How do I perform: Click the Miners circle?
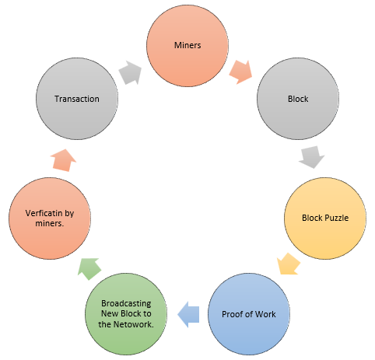pyautogui.click(x=187, y=46)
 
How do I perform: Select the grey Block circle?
pyautogui.click(x=298, y=99)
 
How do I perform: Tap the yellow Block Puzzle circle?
pyautogui.click(x=325, y=218)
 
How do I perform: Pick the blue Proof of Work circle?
pyautogui.click(x=249, y=314)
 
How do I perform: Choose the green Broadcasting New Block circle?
pyautogui.click(x=126, y=314)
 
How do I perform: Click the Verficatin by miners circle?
pyautogui.click(x=50, y=218)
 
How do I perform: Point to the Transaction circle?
pyautogui.click(x=77, y=99)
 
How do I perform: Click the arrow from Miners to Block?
pyautogui.click(x=241, y=72)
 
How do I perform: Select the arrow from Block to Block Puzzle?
pyautogui.click(x=312, y=157)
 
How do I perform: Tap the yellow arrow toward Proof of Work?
pyautogui.click(x=288, y=264)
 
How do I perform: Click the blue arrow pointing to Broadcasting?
pyautogui.click(x=188, y=314)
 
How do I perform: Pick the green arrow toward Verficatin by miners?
pyautogui.click(x=89, y=269)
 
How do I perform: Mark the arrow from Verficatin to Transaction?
pyautogui.click(x=63, y=160)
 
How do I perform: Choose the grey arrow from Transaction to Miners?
pyautogui.click(x=130, y=72)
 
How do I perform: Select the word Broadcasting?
pyautogui.click(x=126, y=303)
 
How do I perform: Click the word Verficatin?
pyautogui.click(x=44, y=213)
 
